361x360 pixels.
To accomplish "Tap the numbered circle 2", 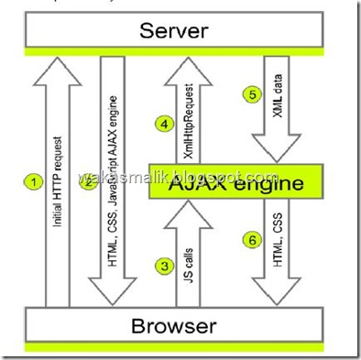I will [88, 181].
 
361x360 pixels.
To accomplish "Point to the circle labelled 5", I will [247, 93].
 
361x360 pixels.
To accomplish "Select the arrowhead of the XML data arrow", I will [275, 147].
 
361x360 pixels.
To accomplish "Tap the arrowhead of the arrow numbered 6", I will [275, 291].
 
